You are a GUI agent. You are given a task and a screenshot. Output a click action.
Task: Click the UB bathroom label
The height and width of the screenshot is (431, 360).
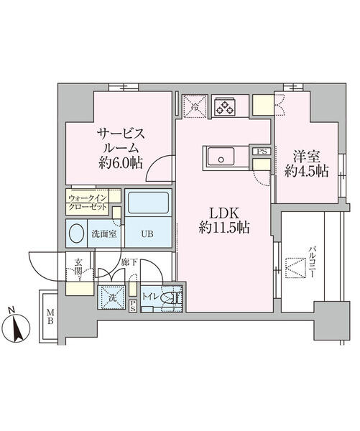[x=147, y=233]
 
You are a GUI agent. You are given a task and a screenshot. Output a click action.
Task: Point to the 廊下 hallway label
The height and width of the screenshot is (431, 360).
[x=129, y=264]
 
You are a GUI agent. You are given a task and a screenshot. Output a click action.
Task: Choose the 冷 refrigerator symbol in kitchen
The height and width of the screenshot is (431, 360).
[x=193, y=106]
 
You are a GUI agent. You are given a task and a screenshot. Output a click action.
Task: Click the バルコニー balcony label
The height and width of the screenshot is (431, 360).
[x=313, y=262]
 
